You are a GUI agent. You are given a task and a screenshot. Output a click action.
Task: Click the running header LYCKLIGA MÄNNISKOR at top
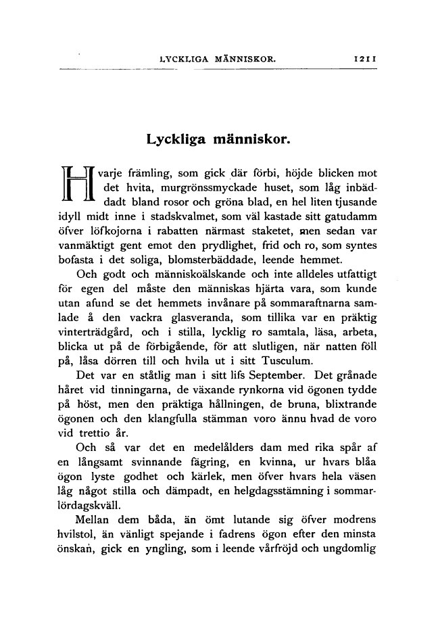[x=216, y=60]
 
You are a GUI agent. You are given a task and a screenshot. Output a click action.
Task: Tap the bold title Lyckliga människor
[x=218, y=140]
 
